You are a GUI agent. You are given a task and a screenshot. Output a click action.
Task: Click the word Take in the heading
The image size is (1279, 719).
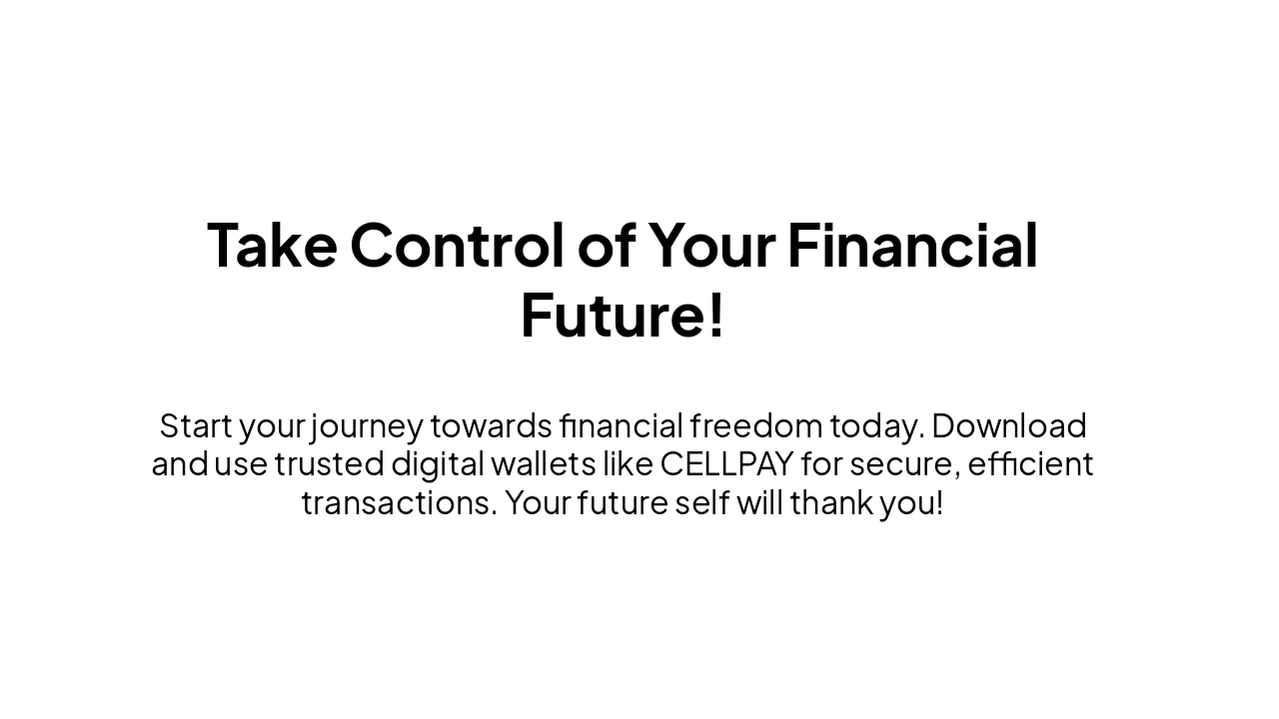[272, 246]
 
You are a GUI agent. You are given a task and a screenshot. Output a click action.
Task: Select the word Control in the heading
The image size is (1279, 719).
[458, 245]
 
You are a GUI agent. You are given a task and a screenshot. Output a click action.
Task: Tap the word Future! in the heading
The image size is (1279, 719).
[623, 316]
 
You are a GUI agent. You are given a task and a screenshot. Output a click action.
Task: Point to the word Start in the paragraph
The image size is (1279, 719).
[196, 425]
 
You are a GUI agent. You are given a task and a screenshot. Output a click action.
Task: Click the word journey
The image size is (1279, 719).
[367, 428]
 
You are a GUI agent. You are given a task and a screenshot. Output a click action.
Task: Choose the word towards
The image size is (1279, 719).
[491, 425]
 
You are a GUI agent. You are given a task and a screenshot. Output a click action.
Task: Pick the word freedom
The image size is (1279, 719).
[756, 425]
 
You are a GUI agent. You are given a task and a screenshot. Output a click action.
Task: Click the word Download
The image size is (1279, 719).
[1009, 425]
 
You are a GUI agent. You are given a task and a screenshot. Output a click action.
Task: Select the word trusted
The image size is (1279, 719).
[330, 464]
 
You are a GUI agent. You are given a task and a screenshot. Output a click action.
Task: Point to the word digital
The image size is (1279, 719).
[438, 466]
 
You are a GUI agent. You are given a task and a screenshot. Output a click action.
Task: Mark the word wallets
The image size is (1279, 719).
[545, 464]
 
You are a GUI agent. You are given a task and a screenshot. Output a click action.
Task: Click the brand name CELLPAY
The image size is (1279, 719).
[726, 464]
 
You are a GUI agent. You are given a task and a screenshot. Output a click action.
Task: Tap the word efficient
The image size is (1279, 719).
[1030, 464]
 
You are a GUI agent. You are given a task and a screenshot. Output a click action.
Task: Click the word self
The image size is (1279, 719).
[702, 502]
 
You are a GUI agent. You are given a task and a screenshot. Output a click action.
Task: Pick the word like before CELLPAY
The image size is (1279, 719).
[629, 464]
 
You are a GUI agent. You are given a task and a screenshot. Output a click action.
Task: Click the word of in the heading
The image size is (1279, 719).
[607, 245]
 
